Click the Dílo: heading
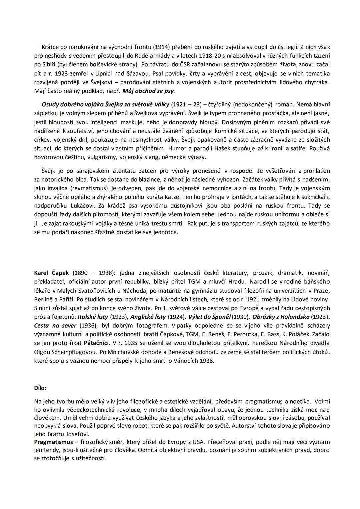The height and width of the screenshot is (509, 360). tap(40, 388)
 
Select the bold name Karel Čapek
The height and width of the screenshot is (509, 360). tap(51, 273)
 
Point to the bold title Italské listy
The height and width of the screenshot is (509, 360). tap(93, 317)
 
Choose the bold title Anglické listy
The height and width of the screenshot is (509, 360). tap(148, 317)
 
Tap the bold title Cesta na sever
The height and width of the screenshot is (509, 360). tap(55, 325)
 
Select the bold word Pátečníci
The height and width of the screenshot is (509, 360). tap(96, 343)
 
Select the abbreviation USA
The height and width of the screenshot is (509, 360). tap(199, 442)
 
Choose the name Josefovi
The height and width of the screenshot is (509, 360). tap(79, 434)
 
